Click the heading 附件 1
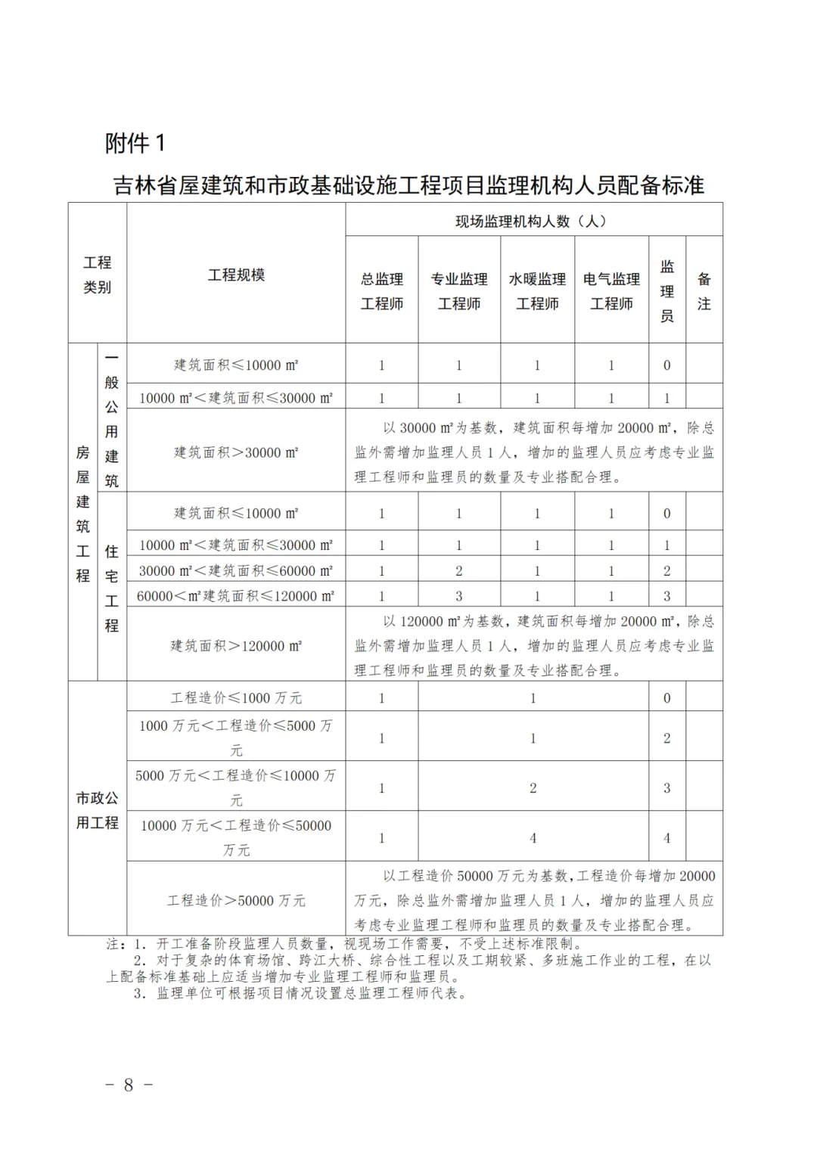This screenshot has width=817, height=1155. pyautogui.click(x=135, y=143)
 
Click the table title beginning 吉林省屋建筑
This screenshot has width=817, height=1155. pyautogui.click(x=408, y=185)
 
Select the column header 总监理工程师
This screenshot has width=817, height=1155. pyautogui.click(x=382, y=291)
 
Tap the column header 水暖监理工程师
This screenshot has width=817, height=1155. pyautogui.click(x=537, y=291)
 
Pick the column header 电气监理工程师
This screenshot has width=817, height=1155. pyautogui.click(x=611, y=291)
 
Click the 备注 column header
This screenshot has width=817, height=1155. pyautogui.click(x=704, y=291)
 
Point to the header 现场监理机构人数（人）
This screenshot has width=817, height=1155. pyautogui.click(x=534, y=221)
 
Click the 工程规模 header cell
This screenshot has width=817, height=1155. pyautogui.click(x=236, y=275)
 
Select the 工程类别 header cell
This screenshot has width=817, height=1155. pyautogui.click(x=98, y=275)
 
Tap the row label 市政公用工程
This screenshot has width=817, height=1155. pyautogui.click(x=98, y=809)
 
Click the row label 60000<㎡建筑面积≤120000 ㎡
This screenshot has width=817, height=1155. pyautogui.click(x=236, y=596)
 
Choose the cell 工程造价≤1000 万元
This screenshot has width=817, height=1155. pyautogui.click(x=236, y=697)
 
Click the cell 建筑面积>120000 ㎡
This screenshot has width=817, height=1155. pyautogui.click(x=236, y=646)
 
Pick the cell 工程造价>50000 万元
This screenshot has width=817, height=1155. pyautogui.click(x=236, y=900)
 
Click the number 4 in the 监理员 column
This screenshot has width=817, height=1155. pyautogui.click(x=666, y=837)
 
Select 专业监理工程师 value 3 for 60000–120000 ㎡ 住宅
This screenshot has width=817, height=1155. pyautogui.click(x=458, y=596)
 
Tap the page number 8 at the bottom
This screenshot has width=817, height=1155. pyautogui.click(x=129, y=1085)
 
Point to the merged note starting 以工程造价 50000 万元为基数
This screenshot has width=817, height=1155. pyautogui.click(x=534, y=900)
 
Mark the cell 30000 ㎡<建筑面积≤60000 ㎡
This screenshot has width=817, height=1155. pyautogui.click(x=236, y=571)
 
